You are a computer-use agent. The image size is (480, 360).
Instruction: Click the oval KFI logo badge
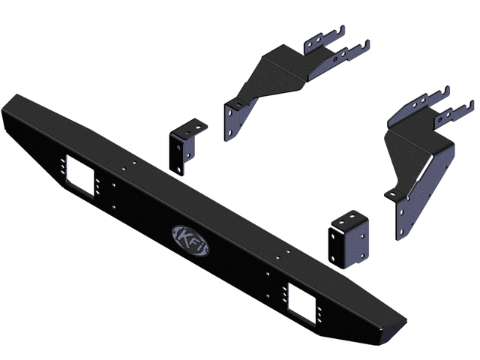point(190,241)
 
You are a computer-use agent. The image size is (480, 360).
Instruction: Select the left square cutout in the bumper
point(79,176)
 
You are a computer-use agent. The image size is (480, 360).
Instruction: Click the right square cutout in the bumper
point(301,303)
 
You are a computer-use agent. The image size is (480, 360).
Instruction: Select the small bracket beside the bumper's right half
point(348,239)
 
